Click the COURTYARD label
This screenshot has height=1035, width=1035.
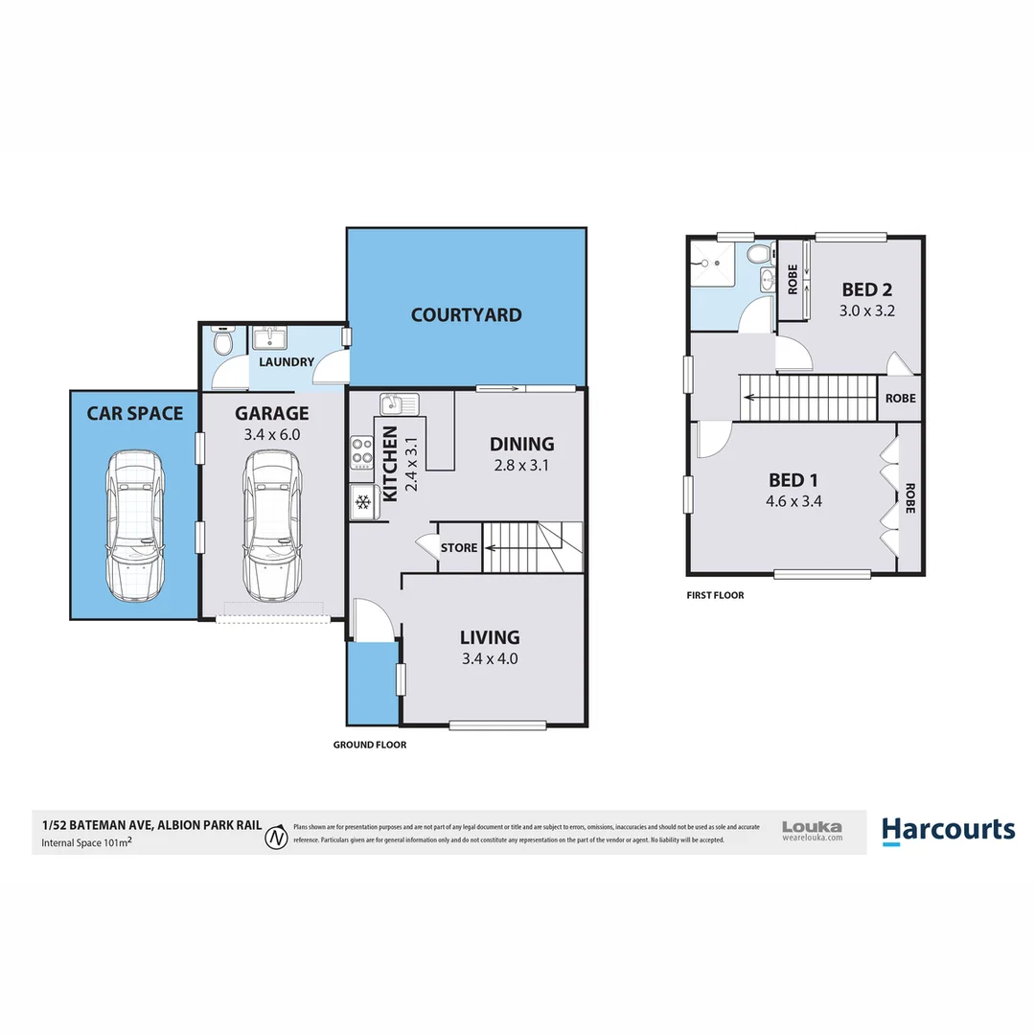(x=466, y=314)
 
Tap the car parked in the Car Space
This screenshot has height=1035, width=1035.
(x=134, y=523)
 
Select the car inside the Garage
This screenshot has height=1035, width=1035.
(x=271, y=523)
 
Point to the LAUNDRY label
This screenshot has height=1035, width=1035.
(x=287, y=361)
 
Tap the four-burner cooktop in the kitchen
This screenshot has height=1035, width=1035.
(x=362, y=450)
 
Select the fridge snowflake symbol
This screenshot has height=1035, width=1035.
(x=363, y=500)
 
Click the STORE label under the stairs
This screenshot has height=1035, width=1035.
(x=458, y=548)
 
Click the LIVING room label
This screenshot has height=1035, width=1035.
(x=489, y=637)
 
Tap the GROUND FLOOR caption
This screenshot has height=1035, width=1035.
(x=369, y=745)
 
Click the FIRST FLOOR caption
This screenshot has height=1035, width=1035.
(x=715, y=595)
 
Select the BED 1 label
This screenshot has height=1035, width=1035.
(x=793, y=480)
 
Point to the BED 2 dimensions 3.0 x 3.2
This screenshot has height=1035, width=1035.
(x=867, y=310)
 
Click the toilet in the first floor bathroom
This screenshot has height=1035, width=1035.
(x=760, y=255)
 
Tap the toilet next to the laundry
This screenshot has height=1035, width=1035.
(x=222, y=341)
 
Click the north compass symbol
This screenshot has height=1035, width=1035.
(x=277, y=836)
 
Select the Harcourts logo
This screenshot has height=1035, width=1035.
(x=947, y=830)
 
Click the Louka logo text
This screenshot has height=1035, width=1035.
(x=812, y=826)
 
